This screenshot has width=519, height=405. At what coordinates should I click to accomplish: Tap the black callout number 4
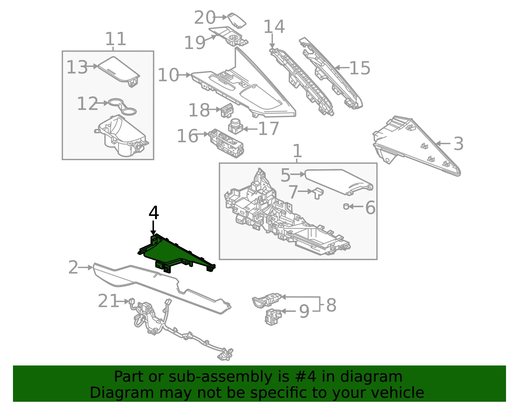pos(153,213)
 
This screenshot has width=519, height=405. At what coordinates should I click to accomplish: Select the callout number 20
pos(205,18)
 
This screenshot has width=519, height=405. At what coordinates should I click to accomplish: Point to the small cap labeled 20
pos(236,20)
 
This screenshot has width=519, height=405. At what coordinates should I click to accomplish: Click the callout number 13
pos(77,67)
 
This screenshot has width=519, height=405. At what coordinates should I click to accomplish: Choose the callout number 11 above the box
pos(115,39)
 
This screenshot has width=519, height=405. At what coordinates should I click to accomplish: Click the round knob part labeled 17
pos(235,126)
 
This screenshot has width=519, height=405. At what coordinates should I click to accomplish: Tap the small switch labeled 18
pos(227,111)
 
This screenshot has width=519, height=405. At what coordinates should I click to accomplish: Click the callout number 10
pos(168,75)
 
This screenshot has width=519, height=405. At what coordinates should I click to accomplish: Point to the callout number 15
pos(360,68)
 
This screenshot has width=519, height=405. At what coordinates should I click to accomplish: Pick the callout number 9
pos(304,311)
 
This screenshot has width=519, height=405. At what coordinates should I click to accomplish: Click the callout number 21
pos(108,301)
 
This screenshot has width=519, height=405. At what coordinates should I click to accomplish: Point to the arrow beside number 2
pos(86,268)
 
